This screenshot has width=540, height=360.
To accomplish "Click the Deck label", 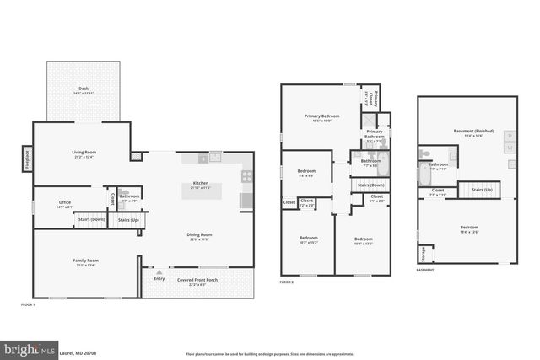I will pyautogui.click(x=83, y=87).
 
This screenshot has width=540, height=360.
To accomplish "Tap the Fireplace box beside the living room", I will pyautogui.click(x=27, y=157).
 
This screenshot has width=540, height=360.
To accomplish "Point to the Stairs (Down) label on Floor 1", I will pyautogui.click(x=91, y=219).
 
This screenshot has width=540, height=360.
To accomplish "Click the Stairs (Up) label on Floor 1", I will pyautogui.click(x=128, y=219).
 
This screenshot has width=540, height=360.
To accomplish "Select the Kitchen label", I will pyautogui.click(x=200, y=183).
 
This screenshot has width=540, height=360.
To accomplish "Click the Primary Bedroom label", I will pyautogui.click(x=321, y=116).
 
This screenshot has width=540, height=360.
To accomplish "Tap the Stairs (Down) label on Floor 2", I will pyautogui.click(x=371, y=185).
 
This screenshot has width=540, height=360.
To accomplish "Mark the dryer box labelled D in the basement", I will pyautogui.click(x=509, y=135).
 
